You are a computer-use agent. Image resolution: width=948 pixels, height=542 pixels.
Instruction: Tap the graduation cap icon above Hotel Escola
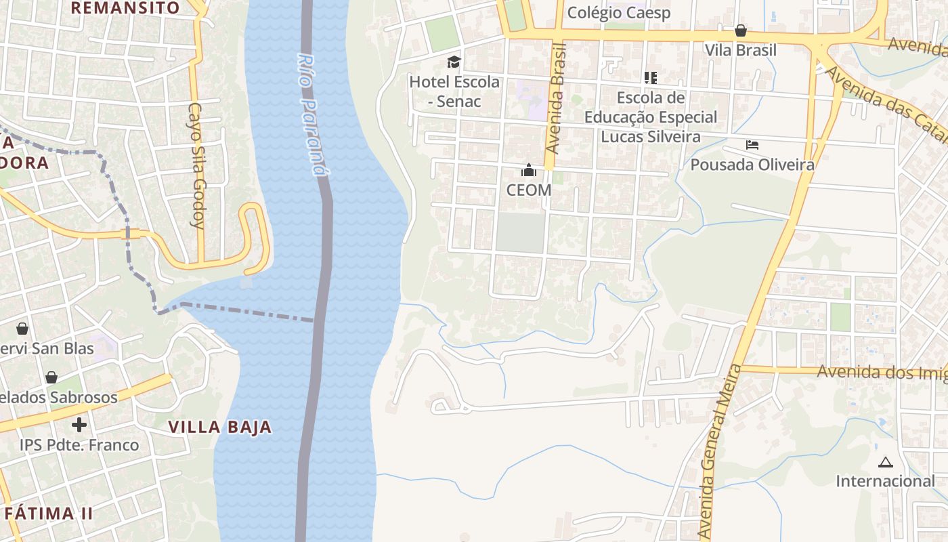[454, 62]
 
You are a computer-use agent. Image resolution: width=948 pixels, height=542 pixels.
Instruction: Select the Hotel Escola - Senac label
[454, 91]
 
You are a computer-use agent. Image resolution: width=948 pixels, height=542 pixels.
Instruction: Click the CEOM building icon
[529, 170]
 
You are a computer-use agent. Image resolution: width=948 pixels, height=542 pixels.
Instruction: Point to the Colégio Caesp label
[619, 13]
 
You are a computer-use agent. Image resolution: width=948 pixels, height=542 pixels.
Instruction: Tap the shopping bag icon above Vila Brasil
[741, 30]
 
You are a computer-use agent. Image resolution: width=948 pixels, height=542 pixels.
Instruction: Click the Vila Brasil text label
[741, 50]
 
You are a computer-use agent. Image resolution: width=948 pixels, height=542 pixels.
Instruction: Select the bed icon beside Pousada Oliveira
[752, 145]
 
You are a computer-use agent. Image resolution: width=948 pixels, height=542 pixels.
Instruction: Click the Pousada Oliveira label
[752, 165]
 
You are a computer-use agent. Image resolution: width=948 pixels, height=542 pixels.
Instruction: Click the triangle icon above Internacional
[885, 463]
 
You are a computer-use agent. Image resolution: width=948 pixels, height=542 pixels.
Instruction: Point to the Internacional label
[885, 481]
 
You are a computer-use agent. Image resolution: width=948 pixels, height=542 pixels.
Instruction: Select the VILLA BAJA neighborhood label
[220, 427]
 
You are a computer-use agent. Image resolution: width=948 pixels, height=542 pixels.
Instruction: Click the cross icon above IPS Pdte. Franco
[79, 425]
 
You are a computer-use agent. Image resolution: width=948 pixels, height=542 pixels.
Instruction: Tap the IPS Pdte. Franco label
[79, 445]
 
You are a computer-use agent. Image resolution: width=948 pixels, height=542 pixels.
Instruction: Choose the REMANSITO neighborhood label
[125, 8]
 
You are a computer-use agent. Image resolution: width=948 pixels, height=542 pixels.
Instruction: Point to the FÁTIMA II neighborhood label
[48, 513]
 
